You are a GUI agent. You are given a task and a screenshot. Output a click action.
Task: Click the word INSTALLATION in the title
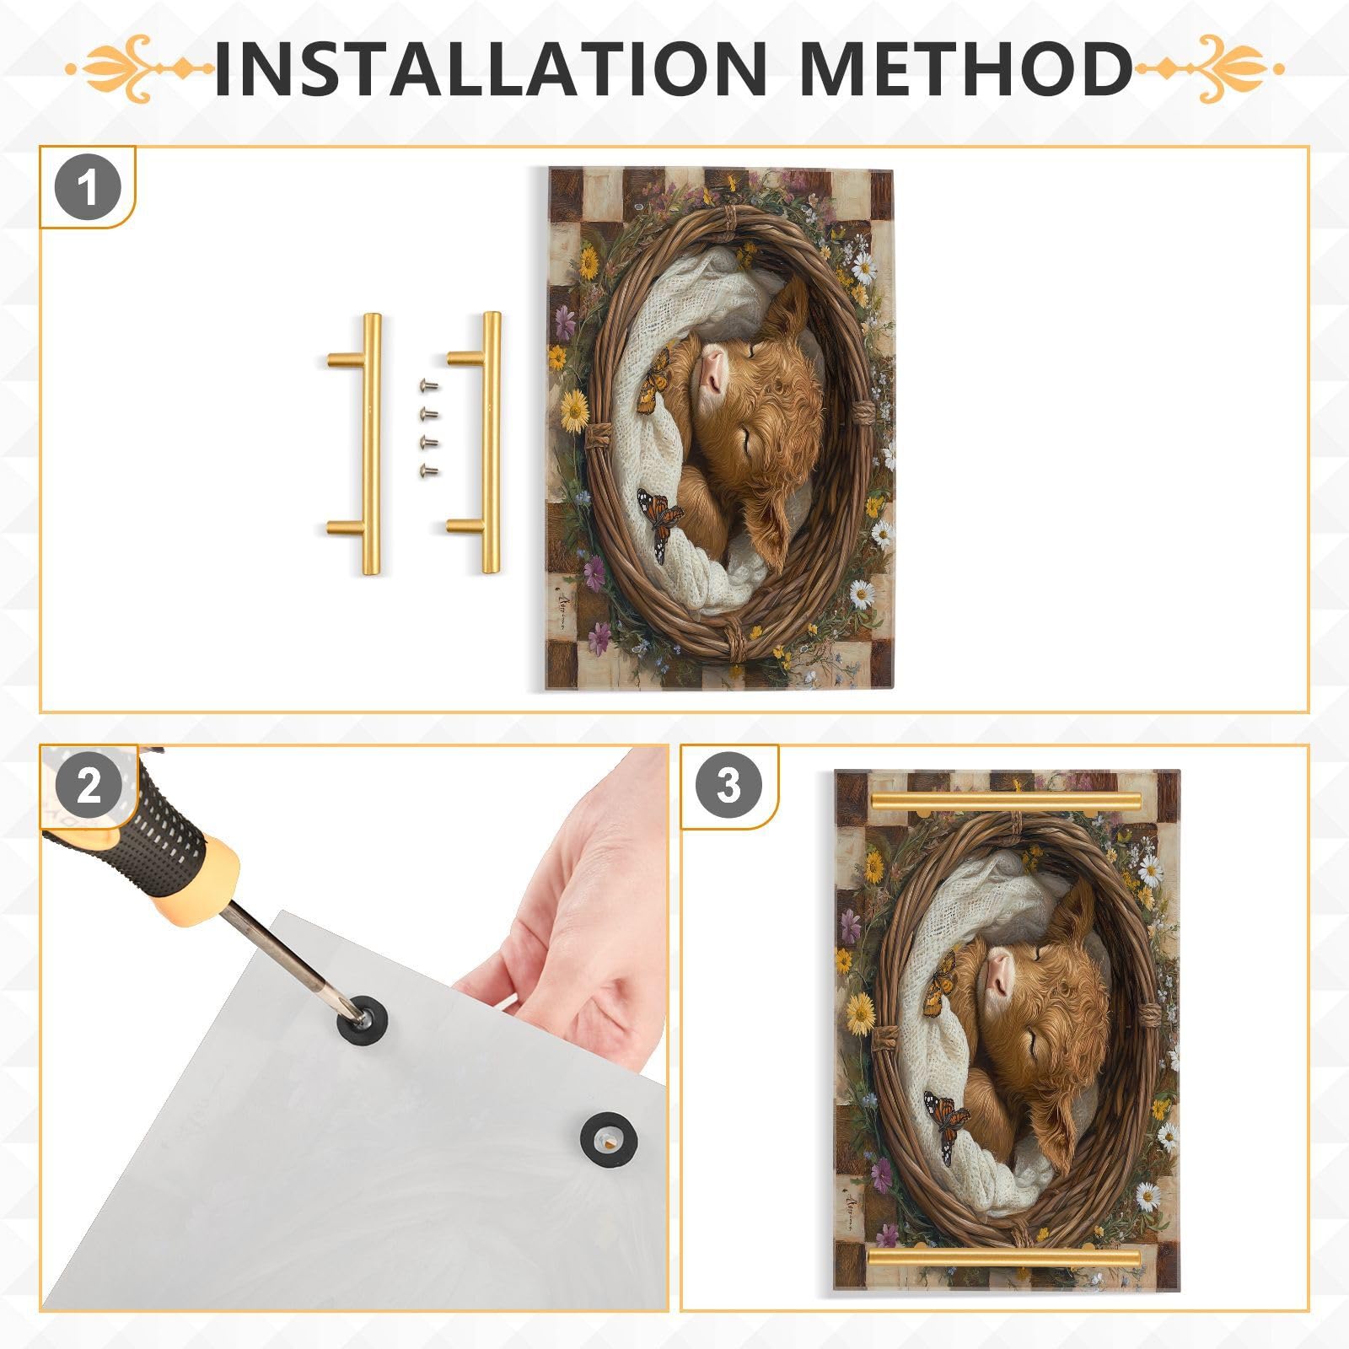tap(489, 67)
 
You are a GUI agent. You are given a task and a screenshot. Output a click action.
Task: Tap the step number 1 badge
tap(88, 188)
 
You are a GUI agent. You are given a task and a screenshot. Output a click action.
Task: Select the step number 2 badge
tap(88, 787)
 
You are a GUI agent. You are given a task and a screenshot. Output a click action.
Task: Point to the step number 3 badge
tap(728, 786)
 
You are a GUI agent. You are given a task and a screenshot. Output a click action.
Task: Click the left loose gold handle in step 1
tap(369, 443)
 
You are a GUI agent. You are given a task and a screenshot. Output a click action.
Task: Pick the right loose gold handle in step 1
tap(489, 443)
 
